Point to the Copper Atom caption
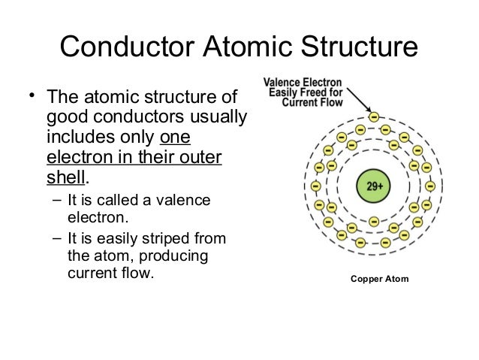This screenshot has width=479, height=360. click(381, 279)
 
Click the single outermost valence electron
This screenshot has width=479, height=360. click(374, 116)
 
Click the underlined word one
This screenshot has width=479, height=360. click(176, 138)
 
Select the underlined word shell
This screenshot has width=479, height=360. click(67, 178)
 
